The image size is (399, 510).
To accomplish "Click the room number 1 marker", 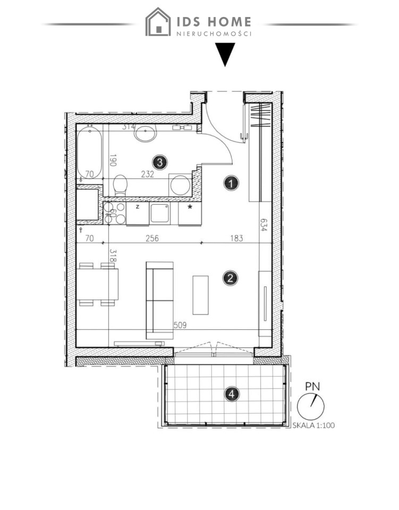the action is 231,183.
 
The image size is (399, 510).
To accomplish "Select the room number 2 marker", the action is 230,278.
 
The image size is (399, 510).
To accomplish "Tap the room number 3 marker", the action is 160,162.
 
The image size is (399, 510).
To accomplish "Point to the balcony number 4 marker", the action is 232,394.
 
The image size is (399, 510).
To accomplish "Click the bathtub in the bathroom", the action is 89,152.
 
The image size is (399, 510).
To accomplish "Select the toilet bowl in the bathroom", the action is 120,185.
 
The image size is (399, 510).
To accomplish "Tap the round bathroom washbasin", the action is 146,133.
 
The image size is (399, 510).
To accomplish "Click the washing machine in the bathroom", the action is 180,185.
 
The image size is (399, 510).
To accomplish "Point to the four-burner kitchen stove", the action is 114,213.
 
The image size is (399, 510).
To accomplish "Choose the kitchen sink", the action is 160,214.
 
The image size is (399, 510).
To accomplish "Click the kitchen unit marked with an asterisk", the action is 190,214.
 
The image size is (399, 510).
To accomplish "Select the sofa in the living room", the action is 160,300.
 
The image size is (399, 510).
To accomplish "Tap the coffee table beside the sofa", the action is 200,295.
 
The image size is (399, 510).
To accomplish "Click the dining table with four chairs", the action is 98,284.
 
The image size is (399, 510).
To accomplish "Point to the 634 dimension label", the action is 264,225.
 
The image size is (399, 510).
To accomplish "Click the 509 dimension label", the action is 180,325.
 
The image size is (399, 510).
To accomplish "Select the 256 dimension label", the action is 152,239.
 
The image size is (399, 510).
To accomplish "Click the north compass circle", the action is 311,406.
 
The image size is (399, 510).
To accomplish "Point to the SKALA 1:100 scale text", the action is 313,425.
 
